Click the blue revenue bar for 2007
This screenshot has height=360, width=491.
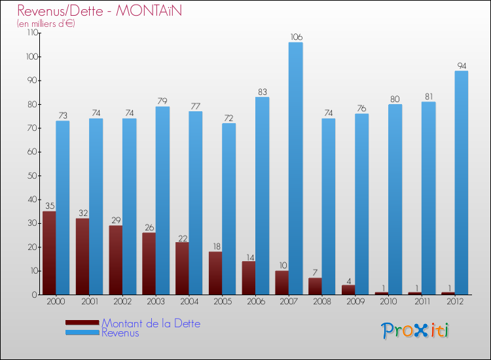[295, 168]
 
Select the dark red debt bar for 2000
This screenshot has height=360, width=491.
[49, 253]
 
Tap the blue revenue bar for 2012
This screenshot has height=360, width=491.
[462, 183]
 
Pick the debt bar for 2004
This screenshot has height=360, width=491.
[182, 268]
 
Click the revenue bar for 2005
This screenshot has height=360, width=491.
[228, 209]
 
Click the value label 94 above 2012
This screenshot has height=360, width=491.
[462, 65]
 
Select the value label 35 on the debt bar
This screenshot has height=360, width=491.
[49, 206]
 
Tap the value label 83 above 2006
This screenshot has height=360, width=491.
[262, 92]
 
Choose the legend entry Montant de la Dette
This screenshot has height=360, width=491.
[151, 323]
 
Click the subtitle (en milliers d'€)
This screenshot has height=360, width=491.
[46, 24]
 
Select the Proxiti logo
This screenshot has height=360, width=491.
[415, 330]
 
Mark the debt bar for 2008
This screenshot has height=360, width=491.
[315, 286]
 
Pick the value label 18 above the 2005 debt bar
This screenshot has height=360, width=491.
[215, 247]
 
